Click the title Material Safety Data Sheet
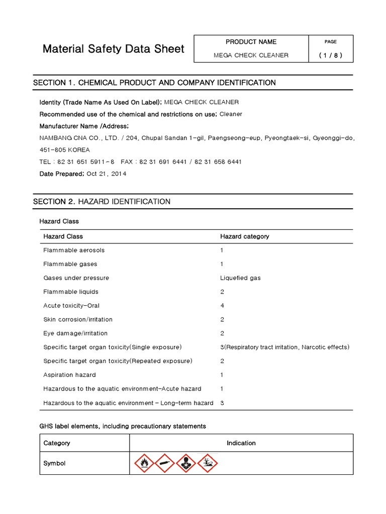[113, 49]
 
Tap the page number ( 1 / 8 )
[330, 55]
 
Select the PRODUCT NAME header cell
[251, 42]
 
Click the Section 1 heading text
[154, 82]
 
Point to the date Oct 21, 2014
[107, 174]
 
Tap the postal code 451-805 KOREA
[65, 150]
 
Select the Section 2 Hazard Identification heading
[102, 201]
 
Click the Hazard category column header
[244, 236]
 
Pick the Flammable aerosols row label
[74, 250]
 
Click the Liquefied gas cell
[240, 278]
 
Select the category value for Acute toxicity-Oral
[222, 305]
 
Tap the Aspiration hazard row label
[69, 374]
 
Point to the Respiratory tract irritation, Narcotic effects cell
[284, 347]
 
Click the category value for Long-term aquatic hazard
[222, 403]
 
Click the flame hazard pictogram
[143, 463]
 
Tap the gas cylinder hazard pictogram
[164, 463]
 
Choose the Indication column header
[241, 443]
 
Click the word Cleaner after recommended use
[231, 114]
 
